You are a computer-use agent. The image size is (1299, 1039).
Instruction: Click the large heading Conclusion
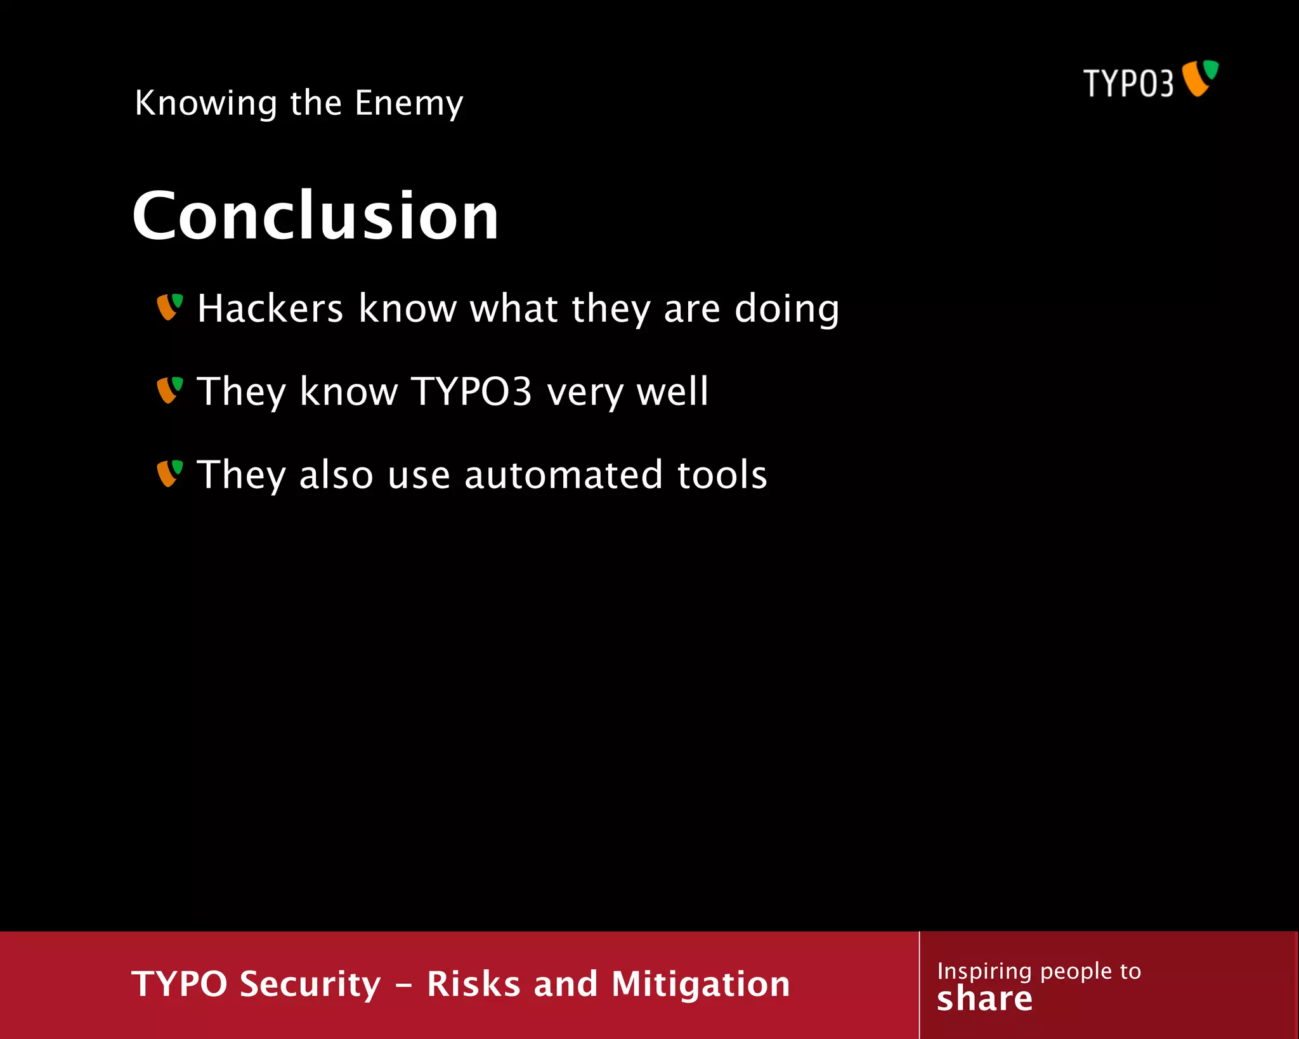(x=315, y=216)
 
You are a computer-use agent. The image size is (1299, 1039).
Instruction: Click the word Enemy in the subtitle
(x=408, y=103)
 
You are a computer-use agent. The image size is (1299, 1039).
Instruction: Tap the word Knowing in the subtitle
(x=206, y=103)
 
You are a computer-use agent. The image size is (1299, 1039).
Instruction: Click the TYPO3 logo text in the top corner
(x=1128, y=83)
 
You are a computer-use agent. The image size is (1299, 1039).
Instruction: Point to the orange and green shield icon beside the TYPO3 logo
(x=1200, y=78)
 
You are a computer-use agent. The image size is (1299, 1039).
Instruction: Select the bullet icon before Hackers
(x=169, y=307)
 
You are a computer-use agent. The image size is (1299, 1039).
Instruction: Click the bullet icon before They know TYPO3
(x=169, y=390)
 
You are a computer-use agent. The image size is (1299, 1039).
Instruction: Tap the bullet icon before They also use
(x=169, y=474)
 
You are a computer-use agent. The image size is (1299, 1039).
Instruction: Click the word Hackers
(x=270, y=308)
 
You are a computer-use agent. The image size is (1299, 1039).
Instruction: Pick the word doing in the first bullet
(x=787, y=310)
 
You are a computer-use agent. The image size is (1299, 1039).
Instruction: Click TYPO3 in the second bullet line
(x=471, y=391)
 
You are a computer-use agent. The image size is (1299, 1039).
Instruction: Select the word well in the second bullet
(x=672, y=391)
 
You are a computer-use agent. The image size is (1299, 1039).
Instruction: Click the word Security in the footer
(x=310, y=984)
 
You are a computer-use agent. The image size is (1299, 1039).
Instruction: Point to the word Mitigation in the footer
(x=700, y=984)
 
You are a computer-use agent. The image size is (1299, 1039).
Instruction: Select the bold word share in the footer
(x=984, y=999)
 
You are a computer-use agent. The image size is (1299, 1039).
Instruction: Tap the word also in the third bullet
(x=336, y=475)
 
